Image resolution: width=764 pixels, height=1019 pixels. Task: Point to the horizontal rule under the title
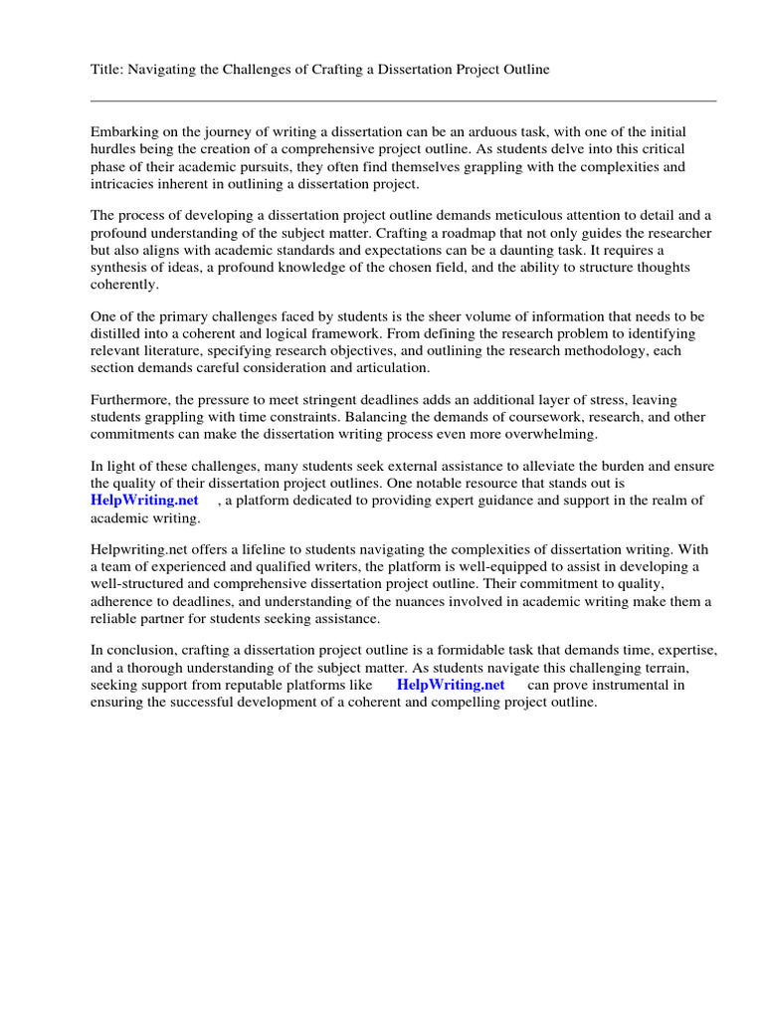click(403, 101)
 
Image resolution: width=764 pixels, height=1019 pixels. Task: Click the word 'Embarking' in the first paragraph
click(123, 132)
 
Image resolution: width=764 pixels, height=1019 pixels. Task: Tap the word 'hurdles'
click(113, 149)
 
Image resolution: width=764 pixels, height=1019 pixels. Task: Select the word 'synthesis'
click(120, 267)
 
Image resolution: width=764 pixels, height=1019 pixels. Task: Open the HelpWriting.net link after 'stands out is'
click(145, 501)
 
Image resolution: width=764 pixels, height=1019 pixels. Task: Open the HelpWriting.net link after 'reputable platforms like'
click(451, 685)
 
